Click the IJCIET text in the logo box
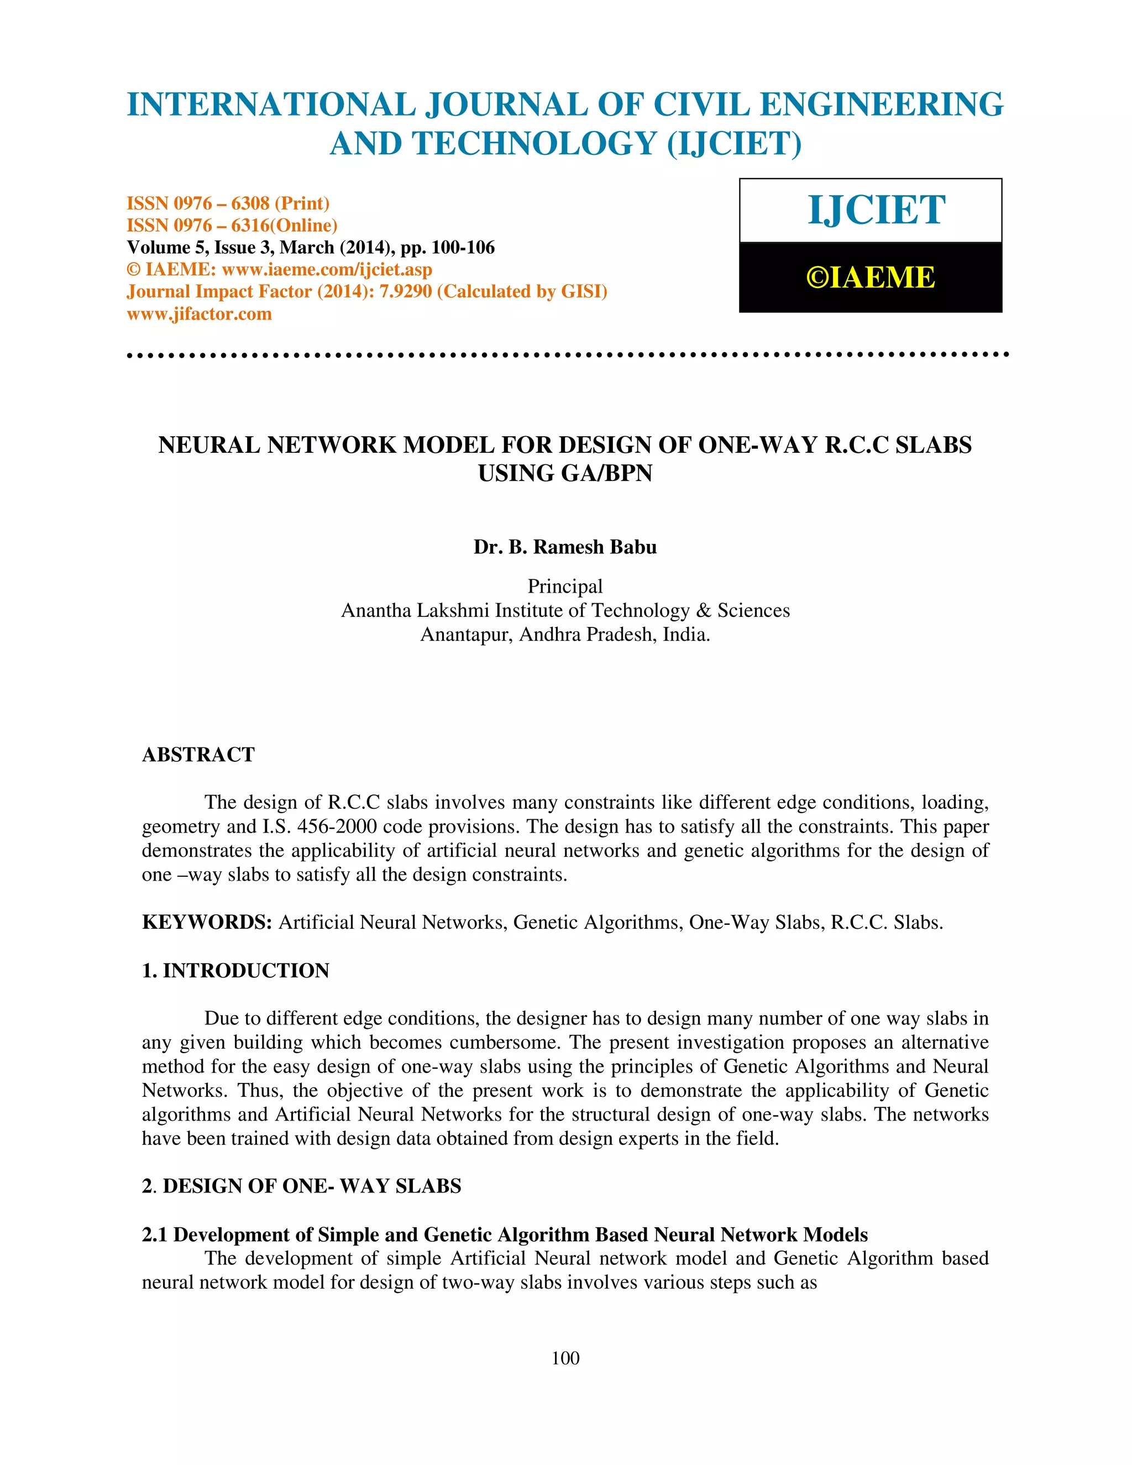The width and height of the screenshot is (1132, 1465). pyautogui.click(x=877, y=210)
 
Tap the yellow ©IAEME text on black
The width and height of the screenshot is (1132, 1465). pyautogui.click(x=871, y=278)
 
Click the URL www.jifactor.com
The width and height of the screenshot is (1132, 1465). pyautogui.click(x=199, y=314)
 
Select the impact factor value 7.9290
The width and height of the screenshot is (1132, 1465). pyautogui.click(x=406, y=292)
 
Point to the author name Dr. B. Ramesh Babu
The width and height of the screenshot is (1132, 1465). pyautogui.click(x=565, y=547)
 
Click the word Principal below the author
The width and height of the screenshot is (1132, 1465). pyautogui.click(x=565, y=586)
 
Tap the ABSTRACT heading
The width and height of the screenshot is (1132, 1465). pyautogui.click(x=198, y=755)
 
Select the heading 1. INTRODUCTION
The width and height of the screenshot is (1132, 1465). pyautogui.click(x=235, y=971)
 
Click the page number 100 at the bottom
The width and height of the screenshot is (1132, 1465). pyautogui.click(x=565, y=1358)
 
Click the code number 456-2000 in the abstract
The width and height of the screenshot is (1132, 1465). pyautogui.click(x=342, y=826)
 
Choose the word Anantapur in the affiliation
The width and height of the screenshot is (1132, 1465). pyautogui.click(x=466, y=635)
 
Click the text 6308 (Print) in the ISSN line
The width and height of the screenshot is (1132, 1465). pyautogui.click(x=280, y=203)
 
